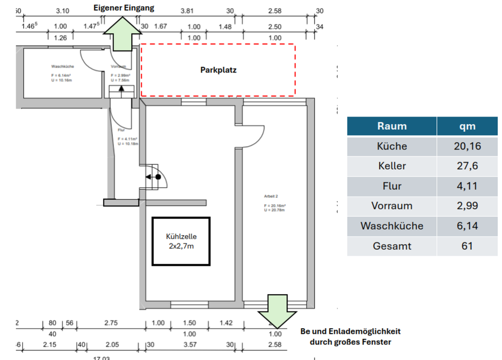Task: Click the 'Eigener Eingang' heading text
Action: pos(123,8)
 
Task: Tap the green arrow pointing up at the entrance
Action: pos(123,34)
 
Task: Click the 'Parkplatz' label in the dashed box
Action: pos(219,70)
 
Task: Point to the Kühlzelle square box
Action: pos(181,241)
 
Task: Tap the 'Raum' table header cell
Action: pos(392,126)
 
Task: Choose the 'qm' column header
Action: pos(467,126)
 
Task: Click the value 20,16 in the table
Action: pos(467,146)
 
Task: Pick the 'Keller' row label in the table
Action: pos(392,166)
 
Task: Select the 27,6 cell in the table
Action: pos(467,166)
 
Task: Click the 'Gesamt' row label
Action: pos(392,246)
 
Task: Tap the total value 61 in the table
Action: pos(467,246)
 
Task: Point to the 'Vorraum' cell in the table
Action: pos(392,206)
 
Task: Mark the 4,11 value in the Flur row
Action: pos(467,186)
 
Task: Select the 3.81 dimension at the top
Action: pos(187,10)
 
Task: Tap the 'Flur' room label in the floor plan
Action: pos(121,130)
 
